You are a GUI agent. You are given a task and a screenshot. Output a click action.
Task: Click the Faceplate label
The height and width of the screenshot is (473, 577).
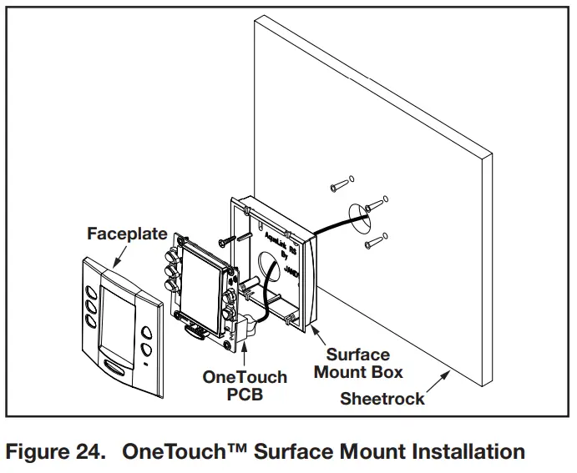pyautogui.click(x=127, y=234)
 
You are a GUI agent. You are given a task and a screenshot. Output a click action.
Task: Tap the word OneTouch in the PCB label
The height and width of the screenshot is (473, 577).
pyautogui.click(x=245, y=377)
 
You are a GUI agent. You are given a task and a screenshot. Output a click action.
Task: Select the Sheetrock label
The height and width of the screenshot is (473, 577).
pyautogui.click(x=382, y=398)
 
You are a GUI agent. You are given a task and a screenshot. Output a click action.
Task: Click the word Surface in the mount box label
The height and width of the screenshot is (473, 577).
pyautogui.click(x=358, y=354)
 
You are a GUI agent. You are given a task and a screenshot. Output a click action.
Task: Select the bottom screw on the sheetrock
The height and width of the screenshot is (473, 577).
pyautogui.click(x=372, y=242)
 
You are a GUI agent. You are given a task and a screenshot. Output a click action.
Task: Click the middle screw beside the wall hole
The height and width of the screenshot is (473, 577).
pyautogui.click(x=376, y=200)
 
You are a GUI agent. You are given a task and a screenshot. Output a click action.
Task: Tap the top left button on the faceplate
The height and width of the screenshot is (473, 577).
pyautogui.click(x=89, y=292)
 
